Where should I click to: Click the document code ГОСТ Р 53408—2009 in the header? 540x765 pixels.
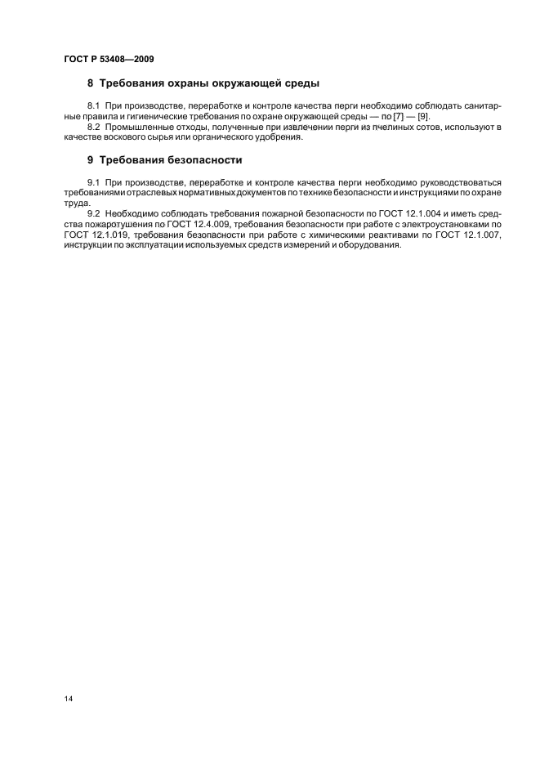(108, 59)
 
